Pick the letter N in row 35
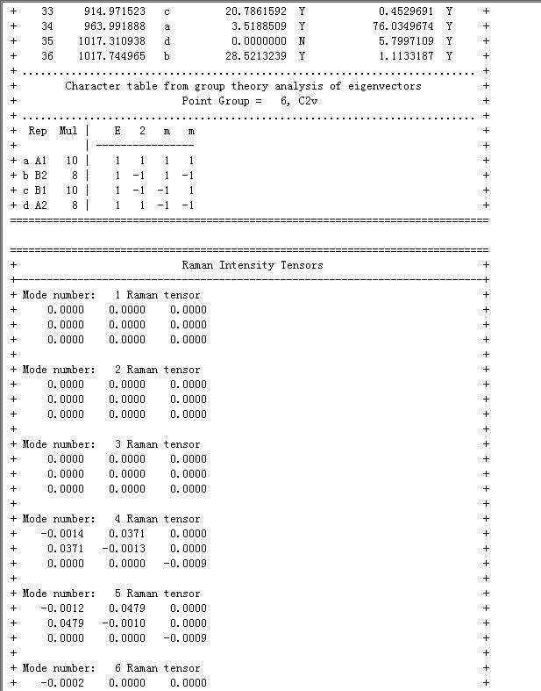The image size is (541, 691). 302,41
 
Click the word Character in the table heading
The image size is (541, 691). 93,86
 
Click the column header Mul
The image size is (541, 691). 68,131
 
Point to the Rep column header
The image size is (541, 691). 38,131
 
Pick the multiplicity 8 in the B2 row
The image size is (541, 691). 75,176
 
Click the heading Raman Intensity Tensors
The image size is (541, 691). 253,265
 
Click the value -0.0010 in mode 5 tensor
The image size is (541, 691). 125,623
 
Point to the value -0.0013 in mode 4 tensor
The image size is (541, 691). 125,549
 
